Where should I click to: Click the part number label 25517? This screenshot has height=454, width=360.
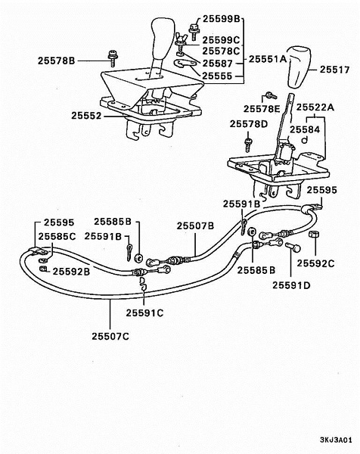[334, 70]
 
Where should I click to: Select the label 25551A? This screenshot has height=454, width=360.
[268, 59]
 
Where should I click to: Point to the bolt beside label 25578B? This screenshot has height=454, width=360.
[112, 58]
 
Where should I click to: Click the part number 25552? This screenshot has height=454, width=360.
[86, 116]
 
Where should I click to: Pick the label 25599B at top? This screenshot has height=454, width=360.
[222, 19]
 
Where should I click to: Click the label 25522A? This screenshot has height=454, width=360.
[315, 107]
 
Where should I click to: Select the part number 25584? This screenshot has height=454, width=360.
[305, 129]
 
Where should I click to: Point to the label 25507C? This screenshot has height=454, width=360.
[110, 337]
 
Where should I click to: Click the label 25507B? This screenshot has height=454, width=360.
[195, 225]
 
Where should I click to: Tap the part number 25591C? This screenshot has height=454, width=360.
[144, 313]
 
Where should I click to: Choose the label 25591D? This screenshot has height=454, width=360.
[291, 285]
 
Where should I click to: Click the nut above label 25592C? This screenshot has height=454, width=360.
[315, 234]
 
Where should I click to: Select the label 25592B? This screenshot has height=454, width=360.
[71, 272]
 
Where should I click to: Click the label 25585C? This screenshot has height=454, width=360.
[57, 237]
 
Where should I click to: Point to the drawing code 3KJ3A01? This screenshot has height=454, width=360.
[336, 440]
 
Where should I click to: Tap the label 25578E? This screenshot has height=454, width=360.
[262, 109]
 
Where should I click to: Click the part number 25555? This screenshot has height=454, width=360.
[217, 76]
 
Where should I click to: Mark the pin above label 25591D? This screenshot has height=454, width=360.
[293, 247]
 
